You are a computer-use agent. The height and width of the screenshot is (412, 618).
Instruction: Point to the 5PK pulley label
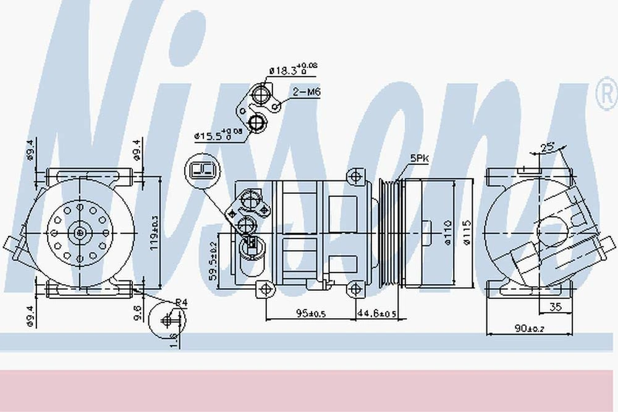click(x=420, y=158)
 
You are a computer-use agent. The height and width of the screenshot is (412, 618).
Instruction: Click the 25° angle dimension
click(x=547, y=148)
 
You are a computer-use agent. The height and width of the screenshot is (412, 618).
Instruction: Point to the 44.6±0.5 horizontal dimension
click(x=376, y=314)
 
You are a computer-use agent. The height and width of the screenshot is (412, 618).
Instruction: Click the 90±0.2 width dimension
click(x=530, y=328)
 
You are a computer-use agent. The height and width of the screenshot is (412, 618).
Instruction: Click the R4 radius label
click(x=180, y=302)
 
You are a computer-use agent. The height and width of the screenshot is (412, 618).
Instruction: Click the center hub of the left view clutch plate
click(x=80, y=232)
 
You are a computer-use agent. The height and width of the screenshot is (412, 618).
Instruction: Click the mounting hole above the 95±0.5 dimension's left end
click(x=265, y=288)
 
